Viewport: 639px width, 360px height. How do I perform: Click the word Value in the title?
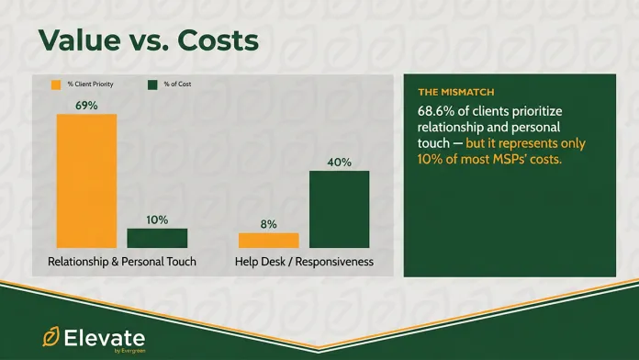click(82, 41)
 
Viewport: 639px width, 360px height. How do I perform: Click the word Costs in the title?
click(215, 41)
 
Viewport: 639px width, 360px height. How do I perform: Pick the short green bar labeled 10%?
click(157, 238)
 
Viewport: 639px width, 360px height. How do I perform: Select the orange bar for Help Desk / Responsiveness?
click(268, 240)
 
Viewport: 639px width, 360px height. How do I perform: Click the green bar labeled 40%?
click(339, 209)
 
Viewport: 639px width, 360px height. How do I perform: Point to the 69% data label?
click(86, 105)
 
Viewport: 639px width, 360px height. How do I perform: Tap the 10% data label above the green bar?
click(157, 219)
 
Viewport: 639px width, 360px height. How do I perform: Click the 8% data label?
click(268, 223)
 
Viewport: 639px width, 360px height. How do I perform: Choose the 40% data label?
click(339, 162)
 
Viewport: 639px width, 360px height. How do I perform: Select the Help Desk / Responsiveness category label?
click(304, 262)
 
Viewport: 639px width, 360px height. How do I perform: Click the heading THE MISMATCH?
click(455, 93)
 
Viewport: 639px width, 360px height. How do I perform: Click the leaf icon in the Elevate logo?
click(50, 336)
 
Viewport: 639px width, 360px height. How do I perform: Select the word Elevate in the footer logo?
click(105, 334)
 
